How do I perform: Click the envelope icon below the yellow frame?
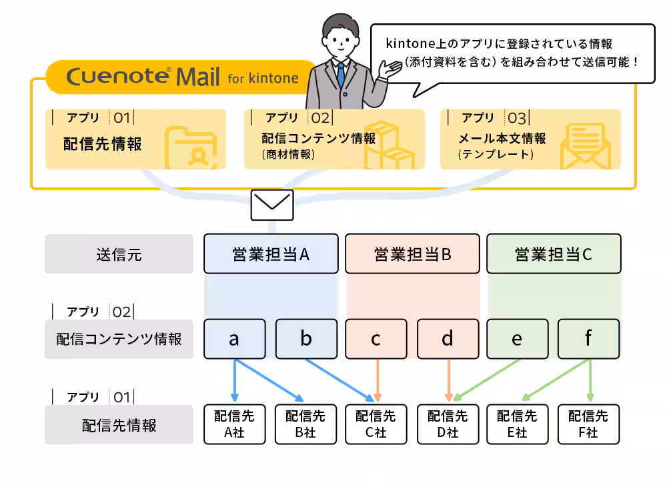click(271, 205)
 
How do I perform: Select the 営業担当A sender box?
click(271, 254)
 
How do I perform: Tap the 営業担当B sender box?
click(412, 254)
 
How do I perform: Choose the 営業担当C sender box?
click(554, 254)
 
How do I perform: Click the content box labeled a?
click(234, 339)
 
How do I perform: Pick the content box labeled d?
click(448, 339)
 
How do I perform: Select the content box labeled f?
click(588, 339)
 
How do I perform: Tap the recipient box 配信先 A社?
click(234, 424)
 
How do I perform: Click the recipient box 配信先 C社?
click(376, 424)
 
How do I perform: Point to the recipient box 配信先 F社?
click(588, 424)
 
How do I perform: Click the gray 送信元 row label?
click(119, 254)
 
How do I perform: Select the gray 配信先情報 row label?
click(119, 425)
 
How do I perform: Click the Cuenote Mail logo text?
click(143, 77)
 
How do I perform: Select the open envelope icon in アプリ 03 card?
click(586, 146)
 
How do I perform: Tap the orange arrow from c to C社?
click(378, 380)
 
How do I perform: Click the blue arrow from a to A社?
click(234, 380)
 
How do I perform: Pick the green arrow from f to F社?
click(590, 380)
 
